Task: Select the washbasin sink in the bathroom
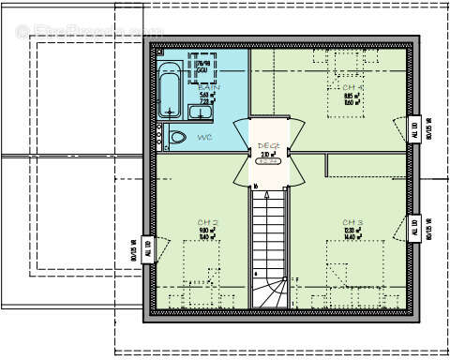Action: (201, 113)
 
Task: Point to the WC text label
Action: (204, 138)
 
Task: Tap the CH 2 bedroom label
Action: (208, 222)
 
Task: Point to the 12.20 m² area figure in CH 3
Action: (352, 231)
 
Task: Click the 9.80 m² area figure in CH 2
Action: (207, 231)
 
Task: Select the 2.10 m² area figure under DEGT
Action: (266, 154)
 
